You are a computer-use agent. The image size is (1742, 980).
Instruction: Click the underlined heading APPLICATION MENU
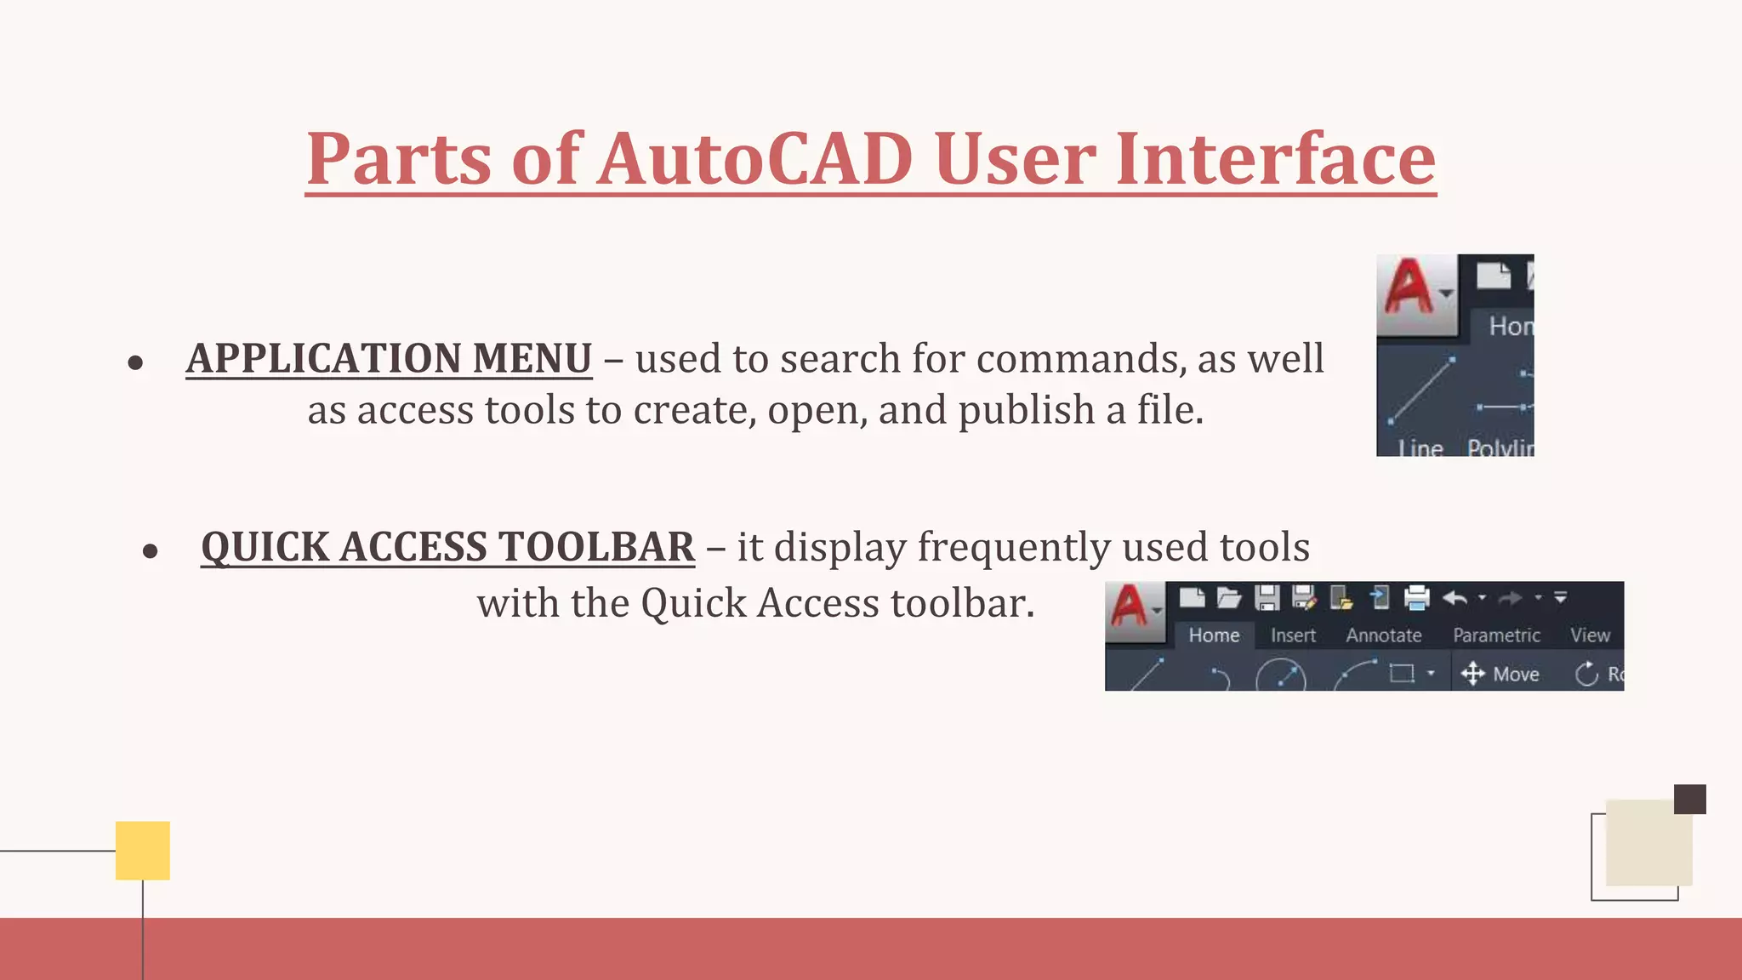pos(389,358)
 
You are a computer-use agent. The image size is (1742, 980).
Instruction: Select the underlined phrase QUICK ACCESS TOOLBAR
pos(447,547)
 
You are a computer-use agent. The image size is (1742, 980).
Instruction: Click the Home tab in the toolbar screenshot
pos(1214,635)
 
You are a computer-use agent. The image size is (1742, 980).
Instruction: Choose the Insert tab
pos(1293,635)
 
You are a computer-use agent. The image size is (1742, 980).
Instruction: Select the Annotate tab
pos(1383,635)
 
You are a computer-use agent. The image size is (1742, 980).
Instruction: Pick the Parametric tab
pos(1496,635)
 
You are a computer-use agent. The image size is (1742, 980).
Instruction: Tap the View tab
pos(1590,635)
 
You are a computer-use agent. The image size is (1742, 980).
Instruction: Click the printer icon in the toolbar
pos(1416,598)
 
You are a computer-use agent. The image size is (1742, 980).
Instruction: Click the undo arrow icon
pos(1455,598)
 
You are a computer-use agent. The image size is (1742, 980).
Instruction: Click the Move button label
pos(1515,675)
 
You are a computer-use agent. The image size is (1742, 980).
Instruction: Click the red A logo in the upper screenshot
pos(1409,288)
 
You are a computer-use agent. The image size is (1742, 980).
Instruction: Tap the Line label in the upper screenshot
pos(1420,447)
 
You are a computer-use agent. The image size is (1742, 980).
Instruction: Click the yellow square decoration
pos(143,850)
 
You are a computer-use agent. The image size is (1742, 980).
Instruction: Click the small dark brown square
pos(1689,800)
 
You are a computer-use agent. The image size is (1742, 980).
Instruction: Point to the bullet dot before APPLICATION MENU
pos(135,363)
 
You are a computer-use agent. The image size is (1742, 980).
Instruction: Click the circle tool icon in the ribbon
pos(1281,676)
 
